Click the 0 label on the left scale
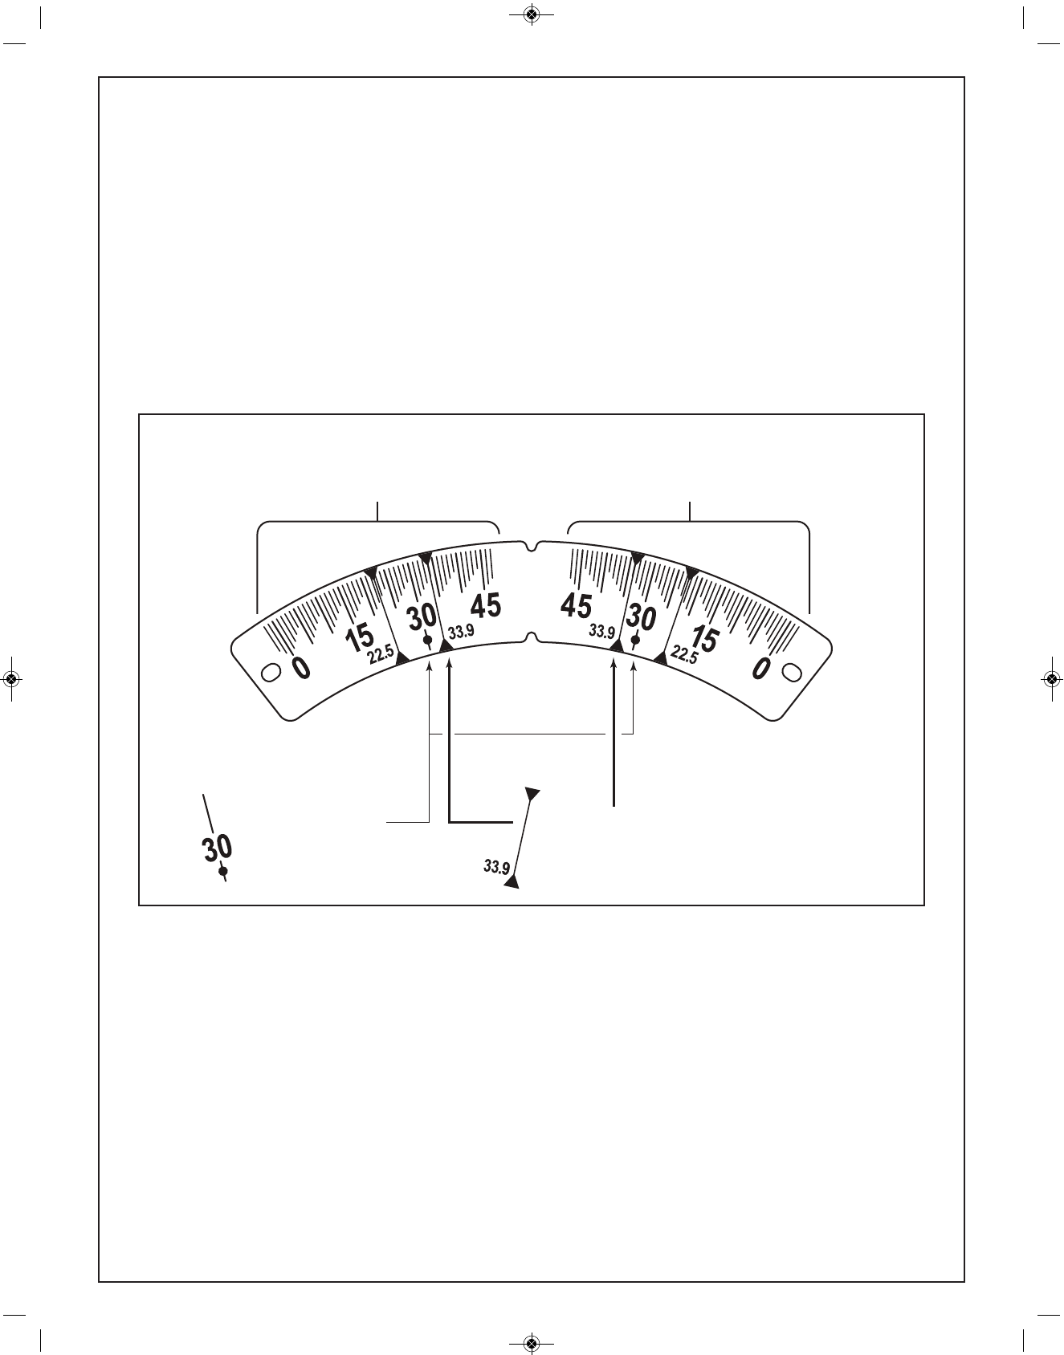[x=300, y=667]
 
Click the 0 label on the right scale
[x=762, y=667]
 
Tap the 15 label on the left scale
[x=359, y=638]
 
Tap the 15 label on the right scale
[x=703, y=638]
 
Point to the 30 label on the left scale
[x=422, y=618]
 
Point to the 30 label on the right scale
[x=641, y=618]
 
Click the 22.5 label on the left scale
[x=381, y=656]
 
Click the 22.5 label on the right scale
[x=683, y=655]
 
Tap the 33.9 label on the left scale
[x=462, y=632]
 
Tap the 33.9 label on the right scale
[x=601, y=632]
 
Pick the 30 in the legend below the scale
[x=217, y=848]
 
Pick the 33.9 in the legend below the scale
[x=496, y=867]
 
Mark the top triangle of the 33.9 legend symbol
[x=532, y=793]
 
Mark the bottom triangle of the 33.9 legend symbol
[x=512, y=882]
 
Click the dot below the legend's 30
[x=223, y=871]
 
